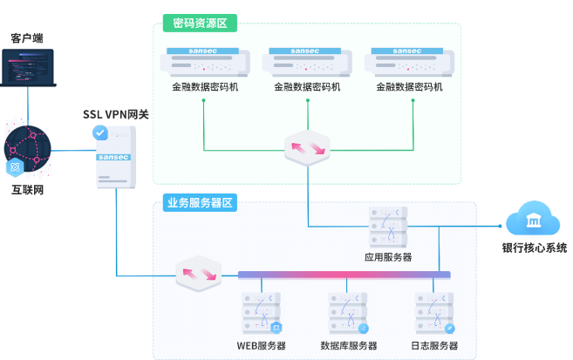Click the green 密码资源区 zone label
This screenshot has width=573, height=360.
(x=200, y=23)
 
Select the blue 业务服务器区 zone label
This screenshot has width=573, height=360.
(x=200, y=202)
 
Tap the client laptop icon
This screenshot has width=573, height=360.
(x=28, y=68)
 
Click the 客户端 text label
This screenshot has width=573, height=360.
(x=27, y=38)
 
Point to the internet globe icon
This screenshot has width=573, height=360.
(x=27, y=149)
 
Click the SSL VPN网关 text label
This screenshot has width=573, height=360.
(x=116, y=114)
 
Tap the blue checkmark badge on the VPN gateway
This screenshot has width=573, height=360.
(x=99, y=132)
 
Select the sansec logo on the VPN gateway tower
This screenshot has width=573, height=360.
(x=113, y=158)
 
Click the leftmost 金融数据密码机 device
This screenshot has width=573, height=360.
(x=205, y=62)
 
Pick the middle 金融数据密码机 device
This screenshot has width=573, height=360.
(x=307, y=62)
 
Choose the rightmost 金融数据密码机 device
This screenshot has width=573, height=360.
(x=409, y=62)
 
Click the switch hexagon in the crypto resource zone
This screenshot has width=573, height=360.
(x=307, y=148)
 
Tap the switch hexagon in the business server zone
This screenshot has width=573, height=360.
(x=199, y=274)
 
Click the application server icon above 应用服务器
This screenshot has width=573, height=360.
(x=388, y=227)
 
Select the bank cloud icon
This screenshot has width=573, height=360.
(x=533, y=218)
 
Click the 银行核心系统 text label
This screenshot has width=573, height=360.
(x=535, y=248)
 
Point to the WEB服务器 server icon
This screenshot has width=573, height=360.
(x=262, y=313)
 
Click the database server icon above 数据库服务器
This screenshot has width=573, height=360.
(x=348, y=313)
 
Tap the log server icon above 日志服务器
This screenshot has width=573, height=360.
(x=434, y=313)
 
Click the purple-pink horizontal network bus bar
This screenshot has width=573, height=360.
(x=344, y=275)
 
